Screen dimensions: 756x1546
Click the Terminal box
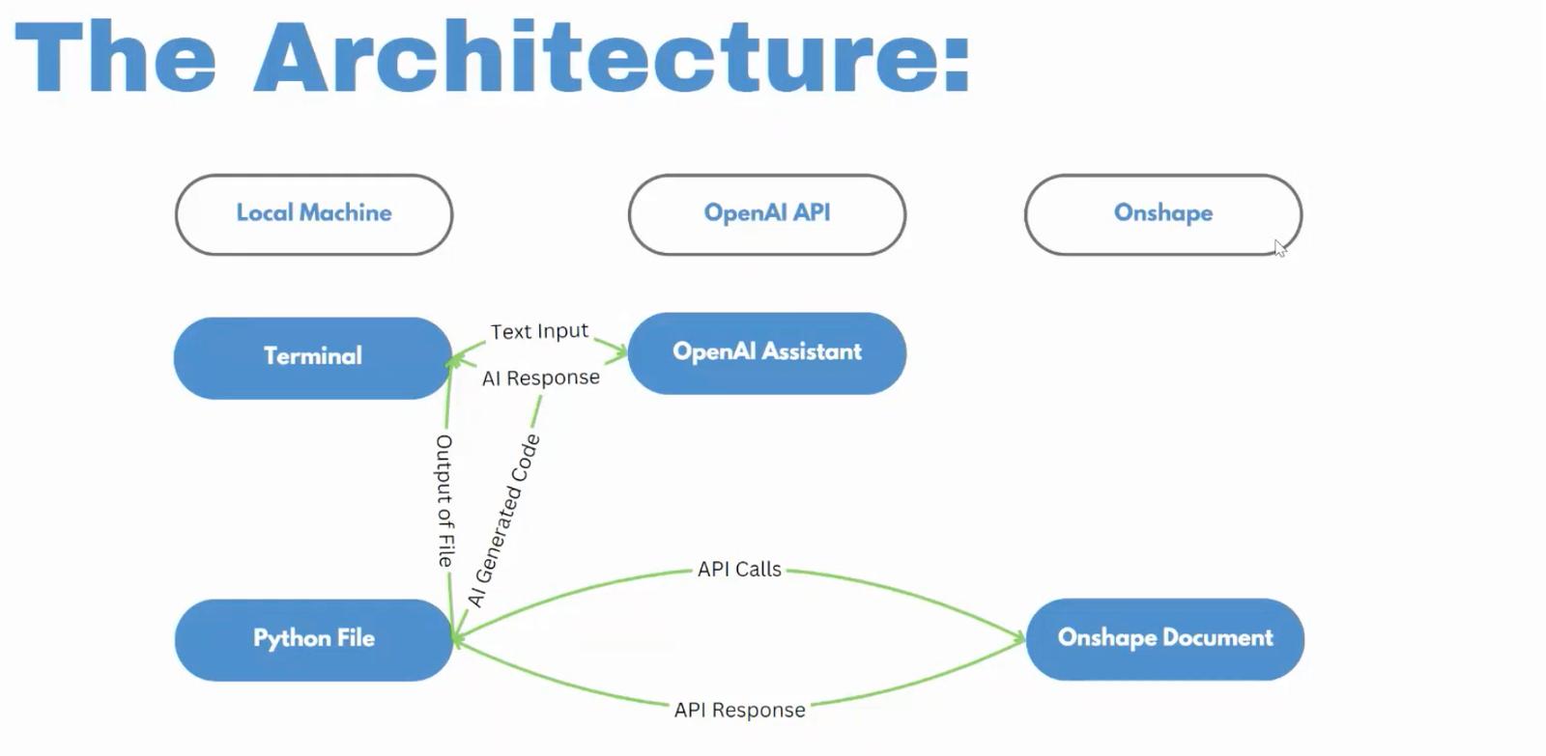[x=312, y=357]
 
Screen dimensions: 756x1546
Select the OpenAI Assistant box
[x=767, y=352]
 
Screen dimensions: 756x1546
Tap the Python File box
[x=313, y=639]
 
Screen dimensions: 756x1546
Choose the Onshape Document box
[x=1164, y=638]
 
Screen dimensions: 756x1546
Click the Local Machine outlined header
[x=314, y=213]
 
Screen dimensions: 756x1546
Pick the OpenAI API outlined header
[x=767, y=213]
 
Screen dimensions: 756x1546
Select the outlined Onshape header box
[x=1162, y=213]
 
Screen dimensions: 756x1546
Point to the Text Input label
[x=539, y=331]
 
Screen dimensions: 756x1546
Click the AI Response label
[x=541, y=378]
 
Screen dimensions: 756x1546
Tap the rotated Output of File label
[x=444, y=500]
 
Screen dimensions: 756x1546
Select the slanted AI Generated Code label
[x=503, y=520]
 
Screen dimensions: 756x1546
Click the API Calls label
[x=739, y=570]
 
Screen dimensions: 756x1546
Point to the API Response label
[x=739, y=710]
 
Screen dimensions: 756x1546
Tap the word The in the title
[x=116, y=58]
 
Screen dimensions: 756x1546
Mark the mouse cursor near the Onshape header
[x=1279, y=248]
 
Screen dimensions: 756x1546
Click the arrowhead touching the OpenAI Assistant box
[x=620, y=352]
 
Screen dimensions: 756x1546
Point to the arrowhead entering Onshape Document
[x=1018, y=637]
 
